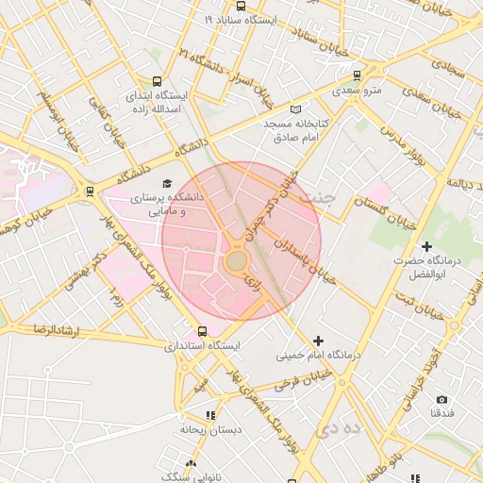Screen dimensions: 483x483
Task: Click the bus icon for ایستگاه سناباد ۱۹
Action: coord(241,6)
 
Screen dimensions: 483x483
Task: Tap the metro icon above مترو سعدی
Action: coord(357,75)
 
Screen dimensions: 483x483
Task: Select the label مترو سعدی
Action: coord(357,92)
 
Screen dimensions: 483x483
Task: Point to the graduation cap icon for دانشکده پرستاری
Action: coord(167,183)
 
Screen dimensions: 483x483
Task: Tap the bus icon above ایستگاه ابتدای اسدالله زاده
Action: coord(157,81)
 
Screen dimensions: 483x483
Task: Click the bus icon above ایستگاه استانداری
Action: coord(203,331)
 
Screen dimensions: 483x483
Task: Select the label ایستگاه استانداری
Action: coord(203,346)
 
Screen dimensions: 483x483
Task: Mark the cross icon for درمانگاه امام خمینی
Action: coord(318,341)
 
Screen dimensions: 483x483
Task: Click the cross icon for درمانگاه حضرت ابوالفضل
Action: coord(426,246)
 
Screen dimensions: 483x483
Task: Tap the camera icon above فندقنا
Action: coord(442,399)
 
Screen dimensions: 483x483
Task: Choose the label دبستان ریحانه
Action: coord(211,429)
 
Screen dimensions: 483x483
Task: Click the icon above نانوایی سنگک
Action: coord(192,464)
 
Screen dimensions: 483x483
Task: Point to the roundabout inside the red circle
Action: coord(236,259)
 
